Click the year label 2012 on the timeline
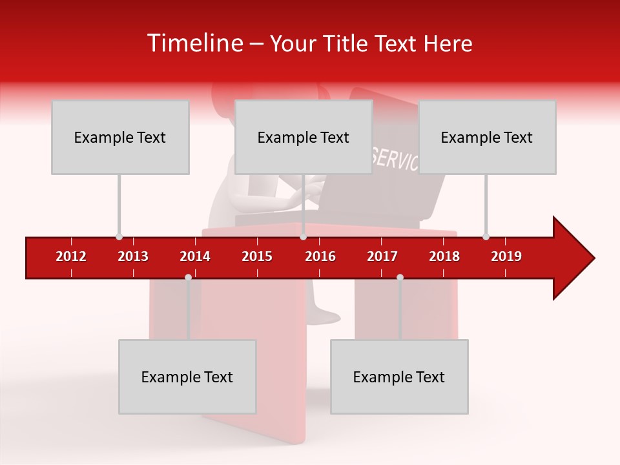(71, 256)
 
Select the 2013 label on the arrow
(133, 256)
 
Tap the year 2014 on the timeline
(195, 256)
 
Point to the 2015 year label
(257, 256)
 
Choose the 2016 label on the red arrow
(320, 256)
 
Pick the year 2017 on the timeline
(382, 256)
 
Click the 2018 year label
(444, 256)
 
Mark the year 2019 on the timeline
(506, 256)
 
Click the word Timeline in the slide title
(194, 43)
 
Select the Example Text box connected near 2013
(120, 137)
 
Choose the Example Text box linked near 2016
(304, 137)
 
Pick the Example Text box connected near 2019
(487, 137)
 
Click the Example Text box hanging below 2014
(187, 377)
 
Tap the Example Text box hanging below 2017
(399, 377)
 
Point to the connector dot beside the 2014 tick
(188, 277)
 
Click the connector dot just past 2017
(400, 277)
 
